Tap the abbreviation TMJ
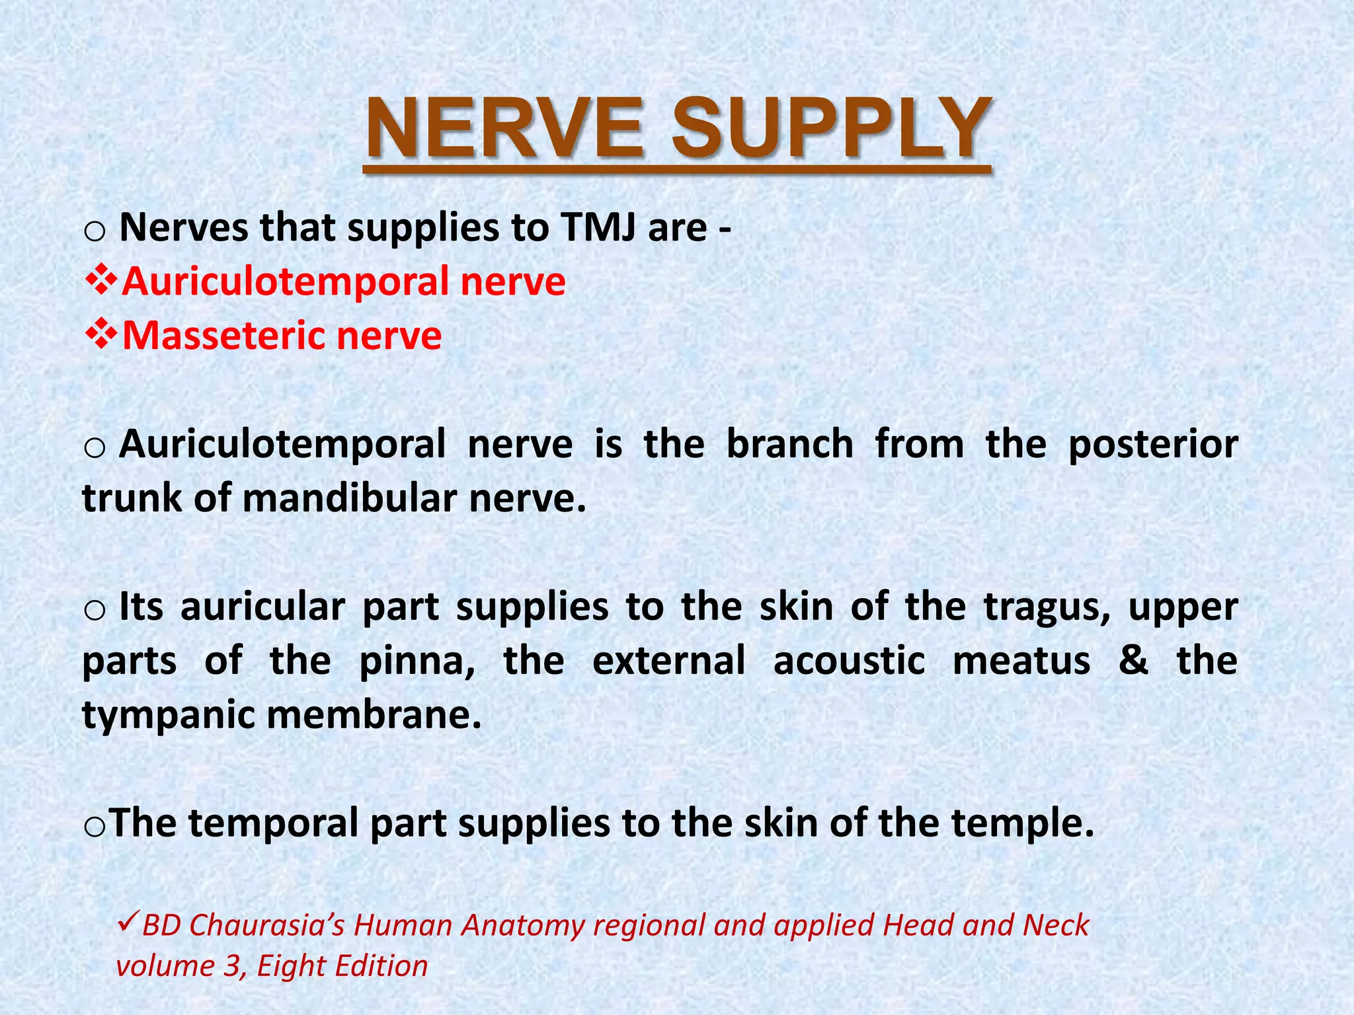599,227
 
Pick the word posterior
1153,444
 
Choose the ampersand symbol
1133,661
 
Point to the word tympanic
169,715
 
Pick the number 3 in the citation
232,966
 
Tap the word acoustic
849,661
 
